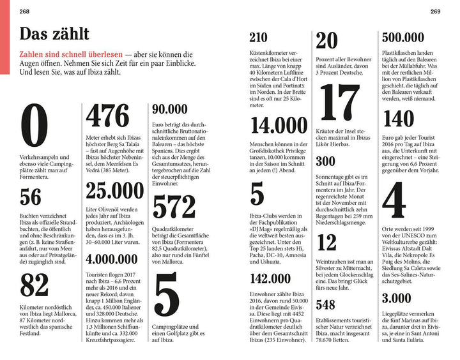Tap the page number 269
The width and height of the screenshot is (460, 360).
click(x=434, y=11)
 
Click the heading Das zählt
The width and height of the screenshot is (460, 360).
click(x=54, y=33)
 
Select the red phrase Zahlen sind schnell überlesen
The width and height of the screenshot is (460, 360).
click(x=69, y=56)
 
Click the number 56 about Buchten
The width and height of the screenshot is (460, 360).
click(x=30, y=197)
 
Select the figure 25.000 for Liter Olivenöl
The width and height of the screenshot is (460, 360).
click(x=115, y=191)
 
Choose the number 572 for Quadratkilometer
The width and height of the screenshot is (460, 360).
click(x=174, y=207)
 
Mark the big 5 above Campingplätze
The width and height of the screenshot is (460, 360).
click(x=166, y=297)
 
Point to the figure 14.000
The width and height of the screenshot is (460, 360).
click(x=279, y=125)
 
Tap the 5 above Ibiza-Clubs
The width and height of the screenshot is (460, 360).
click(x=257, y=194)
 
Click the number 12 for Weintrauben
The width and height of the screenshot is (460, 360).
click(x=326, y=243)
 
